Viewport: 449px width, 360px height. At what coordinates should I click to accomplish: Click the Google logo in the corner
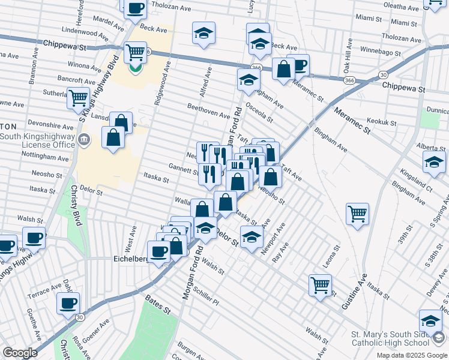coord(20,353)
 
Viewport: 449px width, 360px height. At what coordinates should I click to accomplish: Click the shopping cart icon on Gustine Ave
coord(357,214)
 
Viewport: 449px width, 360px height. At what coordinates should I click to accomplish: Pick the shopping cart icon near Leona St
coord(320,284)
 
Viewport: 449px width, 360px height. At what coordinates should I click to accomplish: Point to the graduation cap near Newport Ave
coord(252,236)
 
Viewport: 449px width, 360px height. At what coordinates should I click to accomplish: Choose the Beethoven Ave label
coord(209,111)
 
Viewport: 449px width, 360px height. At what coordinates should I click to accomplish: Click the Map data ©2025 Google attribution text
coord(412,355)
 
